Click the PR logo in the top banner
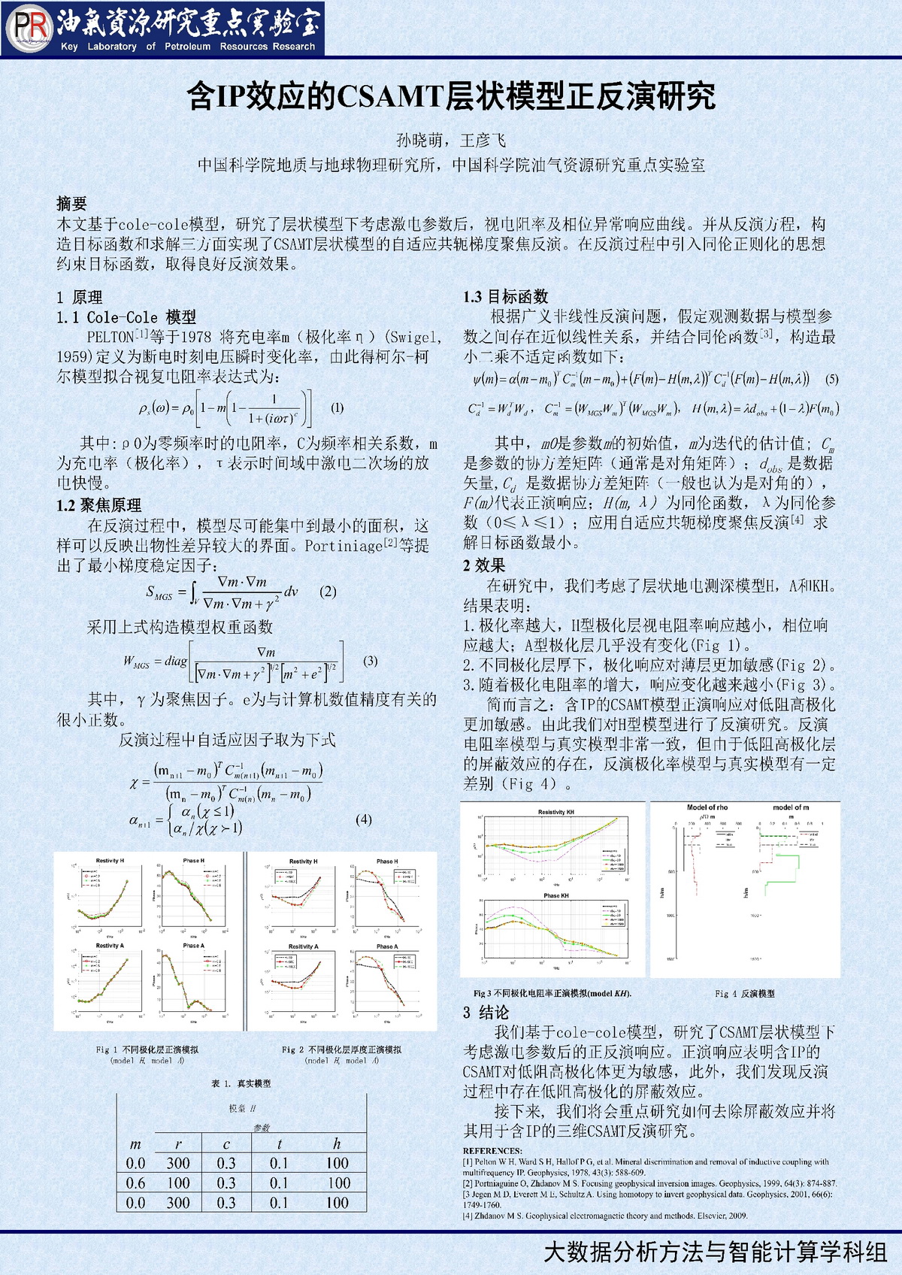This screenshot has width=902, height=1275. coord(29,29)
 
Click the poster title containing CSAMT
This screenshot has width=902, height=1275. coord(451,96)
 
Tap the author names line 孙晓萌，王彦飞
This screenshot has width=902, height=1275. coord(451,141)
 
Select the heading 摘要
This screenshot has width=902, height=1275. coord(71,203)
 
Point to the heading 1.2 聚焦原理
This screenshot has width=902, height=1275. coord(98,505)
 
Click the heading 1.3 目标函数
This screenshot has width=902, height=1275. coord(505,297)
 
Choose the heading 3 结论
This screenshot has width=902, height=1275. coord(486,1012)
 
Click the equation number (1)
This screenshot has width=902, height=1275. coord(337,407)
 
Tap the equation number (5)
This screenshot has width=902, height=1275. coord(831,379)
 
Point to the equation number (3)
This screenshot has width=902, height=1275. coord(370,661)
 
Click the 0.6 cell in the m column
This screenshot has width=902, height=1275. coord(135,1183)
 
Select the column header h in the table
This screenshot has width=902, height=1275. coord(337,1143)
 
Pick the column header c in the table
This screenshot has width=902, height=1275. coord(226,1143)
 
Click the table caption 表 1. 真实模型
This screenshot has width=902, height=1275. coord(241,1083)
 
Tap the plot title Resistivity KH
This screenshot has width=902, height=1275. coord(555,812)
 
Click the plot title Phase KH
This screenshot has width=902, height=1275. coord(555,895)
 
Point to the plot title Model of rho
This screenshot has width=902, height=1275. coord(707,807)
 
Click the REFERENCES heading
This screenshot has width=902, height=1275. coord(492,1150)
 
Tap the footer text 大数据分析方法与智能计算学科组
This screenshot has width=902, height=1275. coord(715,1252)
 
